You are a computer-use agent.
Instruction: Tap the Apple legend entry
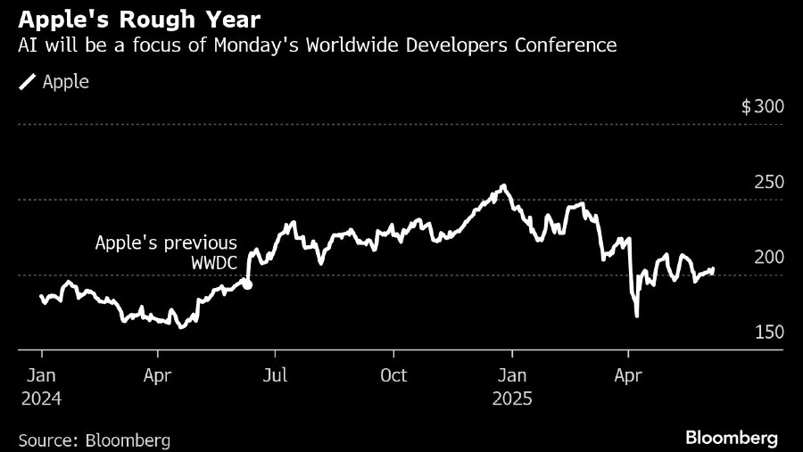[x=54, y=82]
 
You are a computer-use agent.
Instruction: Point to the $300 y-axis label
[x=763, y=107]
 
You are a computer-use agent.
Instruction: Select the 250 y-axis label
[x=769, y=182]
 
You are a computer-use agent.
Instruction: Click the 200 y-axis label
[x=769, y=257]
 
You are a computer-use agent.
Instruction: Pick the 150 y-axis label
[x=769, y=332]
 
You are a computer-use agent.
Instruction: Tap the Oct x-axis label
[x=393, y=375]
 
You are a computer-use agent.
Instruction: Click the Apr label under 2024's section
[x=158, y=375]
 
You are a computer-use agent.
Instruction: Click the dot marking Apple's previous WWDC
[x=248, y=285]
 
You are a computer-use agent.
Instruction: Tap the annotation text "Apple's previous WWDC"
[x=167, y=253]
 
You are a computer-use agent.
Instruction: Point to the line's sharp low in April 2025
[x=637, y=316]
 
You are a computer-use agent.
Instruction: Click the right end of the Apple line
[x=713, y=268]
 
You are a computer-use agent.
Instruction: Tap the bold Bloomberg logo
[x=732, y=438]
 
